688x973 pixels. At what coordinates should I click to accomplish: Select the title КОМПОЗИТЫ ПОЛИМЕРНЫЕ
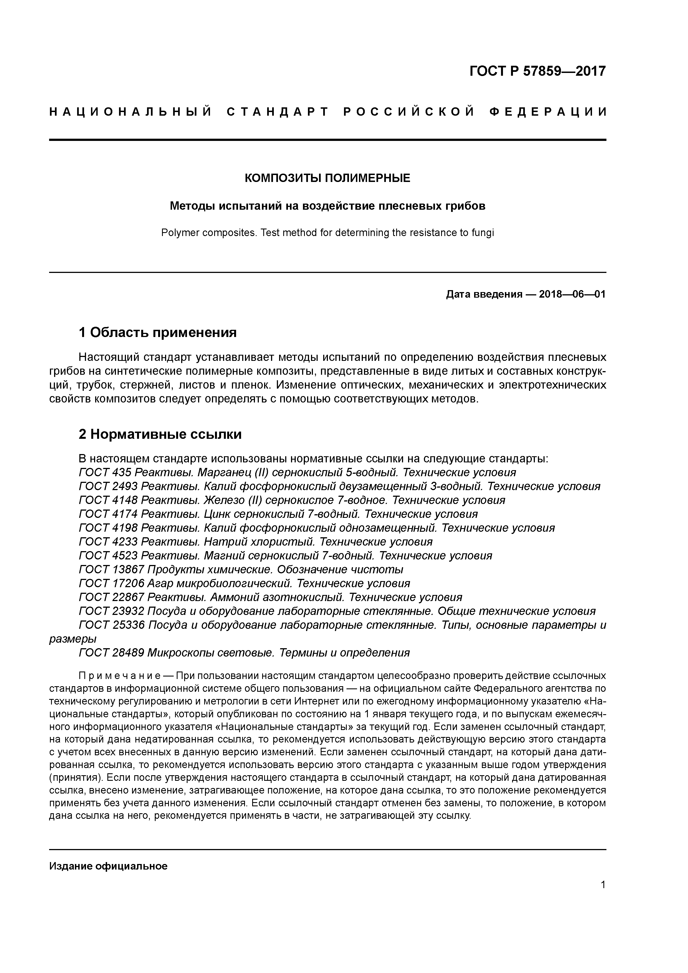(x=327, y=178)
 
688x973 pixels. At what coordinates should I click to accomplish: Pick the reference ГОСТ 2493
(x=107, y=486)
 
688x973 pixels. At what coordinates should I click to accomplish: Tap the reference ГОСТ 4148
(x=107, y=500)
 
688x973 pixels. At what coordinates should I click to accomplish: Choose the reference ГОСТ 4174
(x=107, y=515)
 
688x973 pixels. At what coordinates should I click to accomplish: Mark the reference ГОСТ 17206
(x=111, y=584)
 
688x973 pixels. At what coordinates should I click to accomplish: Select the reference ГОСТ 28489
(x=111, y=653)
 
